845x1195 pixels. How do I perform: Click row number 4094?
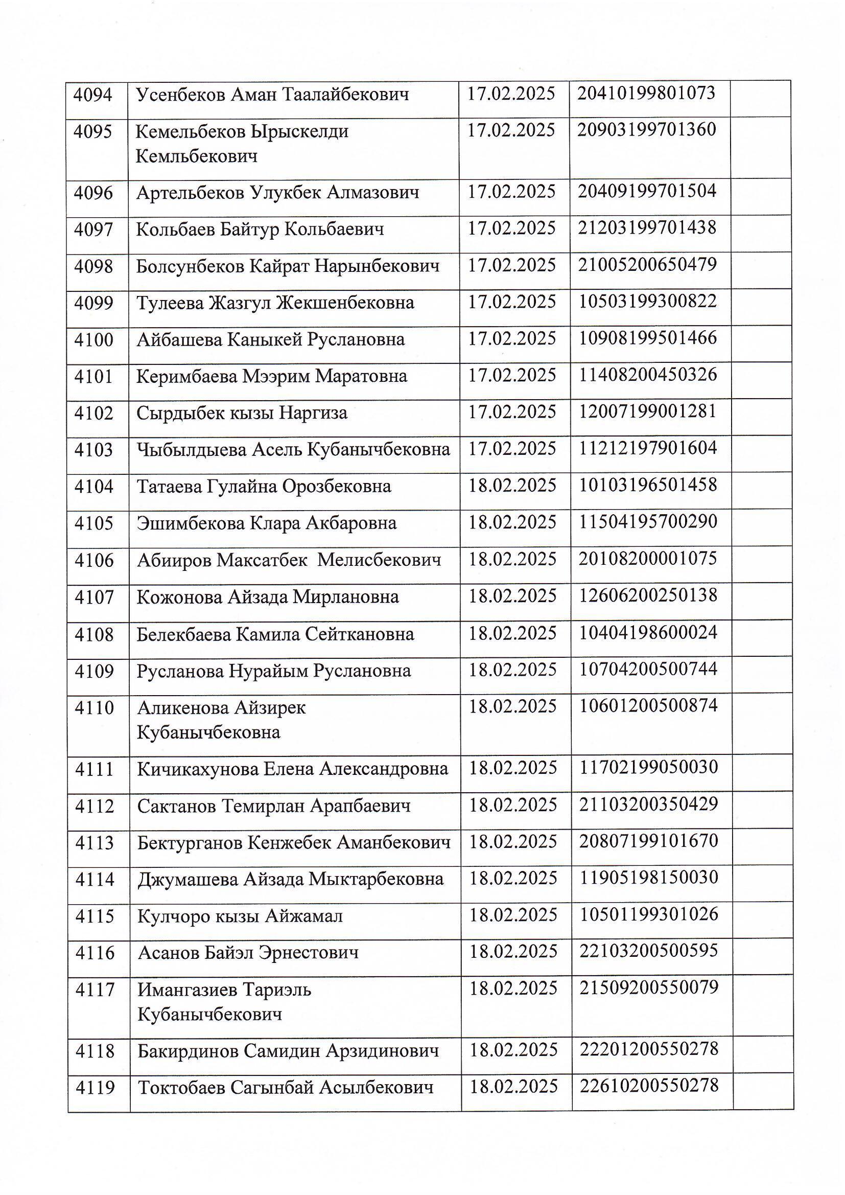coord(93,95)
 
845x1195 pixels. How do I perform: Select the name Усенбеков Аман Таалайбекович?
coord(272,95)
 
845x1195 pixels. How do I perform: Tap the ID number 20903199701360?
coord(647,130)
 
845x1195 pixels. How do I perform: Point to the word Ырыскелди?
coord(299,132)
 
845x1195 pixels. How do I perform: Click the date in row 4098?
coord(512,265)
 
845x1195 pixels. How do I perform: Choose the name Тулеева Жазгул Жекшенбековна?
coord(275,303)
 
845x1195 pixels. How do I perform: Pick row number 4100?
coord(93,340)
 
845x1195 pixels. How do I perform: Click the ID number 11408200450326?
coord(648,375)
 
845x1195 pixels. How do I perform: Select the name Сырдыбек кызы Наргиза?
coord(242,413)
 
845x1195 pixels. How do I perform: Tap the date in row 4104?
coord(512,486)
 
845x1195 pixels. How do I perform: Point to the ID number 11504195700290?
coord(648,521)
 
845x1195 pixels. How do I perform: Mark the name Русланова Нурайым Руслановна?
coord(274,672)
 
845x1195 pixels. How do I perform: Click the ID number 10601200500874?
coord(648,706)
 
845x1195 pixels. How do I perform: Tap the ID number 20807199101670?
coord(649,841)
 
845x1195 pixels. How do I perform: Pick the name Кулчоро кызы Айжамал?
coord(240,916)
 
